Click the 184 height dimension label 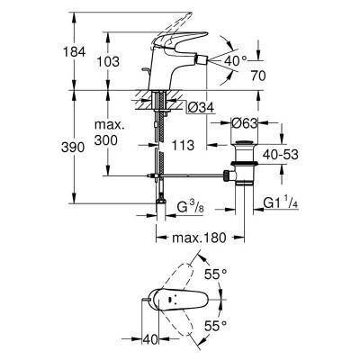(74, 52)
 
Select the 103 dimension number (108, 61)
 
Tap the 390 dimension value (73, 148)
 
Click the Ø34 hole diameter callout (201, 107)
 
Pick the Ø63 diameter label (245, 123)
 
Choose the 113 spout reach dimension (183, 145)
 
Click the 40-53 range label (281, 155)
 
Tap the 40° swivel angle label (236, 61)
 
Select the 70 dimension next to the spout (258, 76)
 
